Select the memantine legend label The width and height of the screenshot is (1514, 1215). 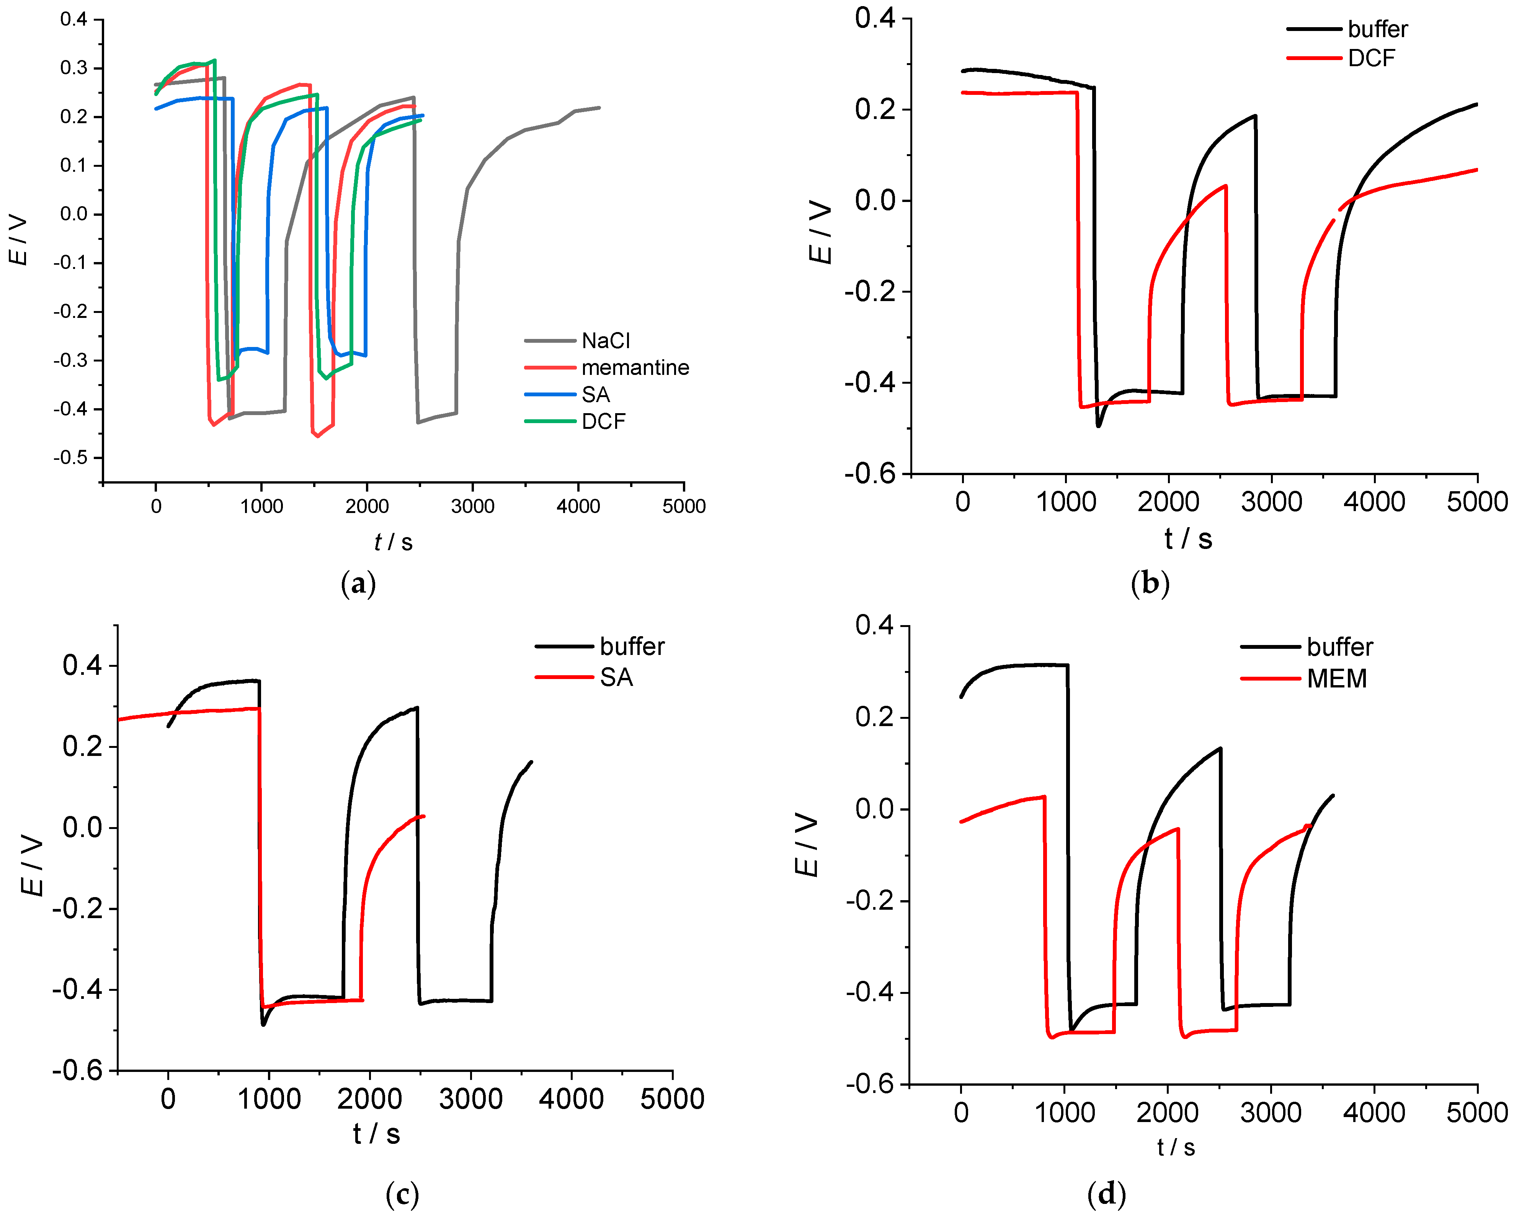(x=635, y=367)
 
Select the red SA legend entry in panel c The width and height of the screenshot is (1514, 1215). (x=616, y=678)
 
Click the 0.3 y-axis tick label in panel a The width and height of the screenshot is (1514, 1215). (x=73, y=68)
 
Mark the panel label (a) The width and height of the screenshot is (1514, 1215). (x=358, y=584)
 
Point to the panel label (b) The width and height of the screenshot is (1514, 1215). (x=1150, y=584)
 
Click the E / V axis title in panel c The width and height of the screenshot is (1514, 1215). (x=32, y=865)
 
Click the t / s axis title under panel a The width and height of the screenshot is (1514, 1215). (x=393, y=542)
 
